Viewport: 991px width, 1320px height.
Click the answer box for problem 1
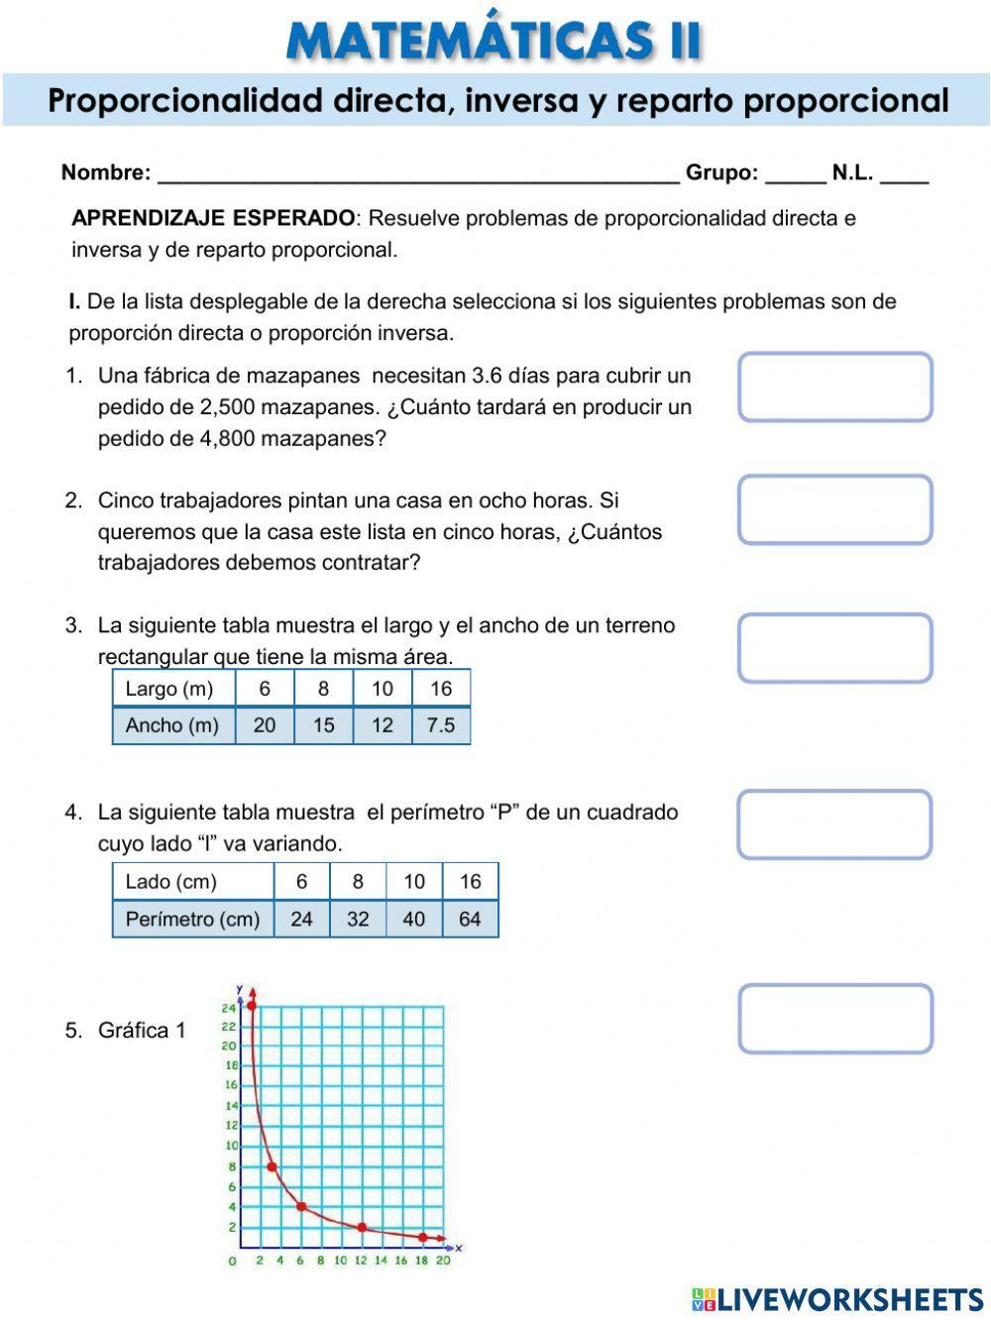834,386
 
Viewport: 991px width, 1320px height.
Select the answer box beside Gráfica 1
834,1018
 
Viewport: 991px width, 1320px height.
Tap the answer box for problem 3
834,648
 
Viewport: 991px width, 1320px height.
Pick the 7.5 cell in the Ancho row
441,725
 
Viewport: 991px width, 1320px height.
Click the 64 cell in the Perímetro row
470,919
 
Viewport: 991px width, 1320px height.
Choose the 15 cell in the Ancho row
323,725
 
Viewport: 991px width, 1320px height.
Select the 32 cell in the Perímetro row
358,919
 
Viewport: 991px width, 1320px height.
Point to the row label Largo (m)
169,689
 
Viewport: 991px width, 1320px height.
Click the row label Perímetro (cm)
192,919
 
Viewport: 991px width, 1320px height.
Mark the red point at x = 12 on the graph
362,1227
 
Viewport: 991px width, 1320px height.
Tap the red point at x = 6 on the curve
301,1207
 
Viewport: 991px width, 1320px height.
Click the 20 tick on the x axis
442,1261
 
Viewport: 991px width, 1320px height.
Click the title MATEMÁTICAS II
494,41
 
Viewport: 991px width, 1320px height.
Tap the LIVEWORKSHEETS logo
837,1299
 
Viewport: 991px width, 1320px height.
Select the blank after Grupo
796,173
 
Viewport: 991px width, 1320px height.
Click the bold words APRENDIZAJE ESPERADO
213,218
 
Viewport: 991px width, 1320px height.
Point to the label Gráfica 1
141,1031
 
